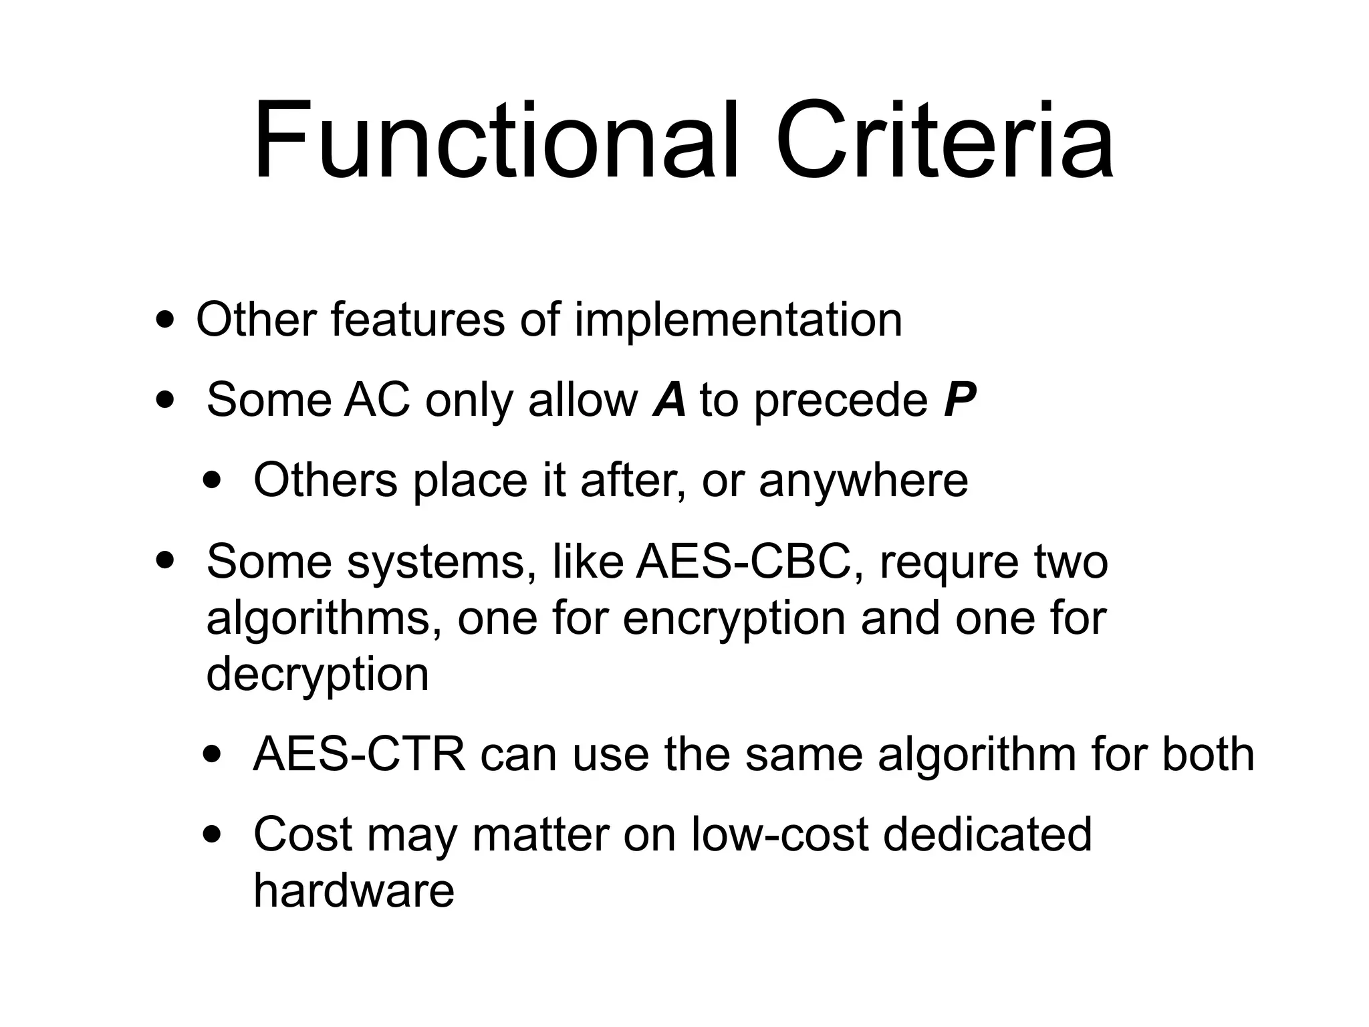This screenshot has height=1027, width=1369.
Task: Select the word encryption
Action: [x=734, y=619]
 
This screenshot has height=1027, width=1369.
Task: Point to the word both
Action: [x=1208, y=754]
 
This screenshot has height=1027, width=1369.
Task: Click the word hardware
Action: [x=354, y=891]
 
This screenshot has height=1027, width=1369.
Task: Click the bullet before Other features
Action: [x=164, y=320]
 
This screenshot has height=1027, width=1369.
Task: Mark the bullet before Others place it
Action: [x=213, y=481]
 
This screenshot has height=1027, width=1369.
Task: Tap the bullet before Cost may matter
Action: [x=213, y=835]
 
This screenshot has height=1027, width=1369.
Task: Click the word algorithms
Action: [x=324, y=619]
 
